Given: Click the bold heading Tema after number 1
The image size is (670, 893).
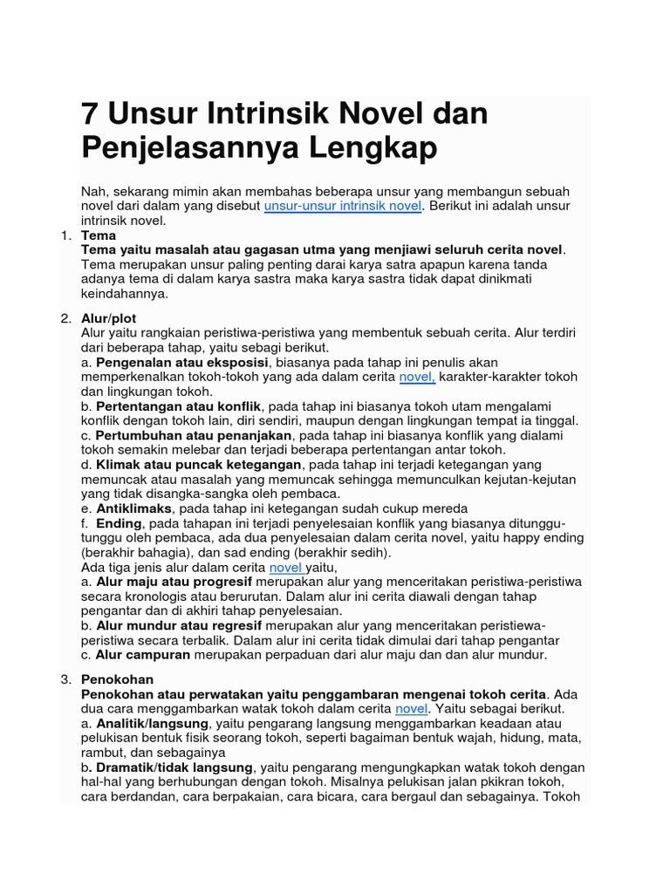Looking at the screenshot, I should pyautogui.click(x=98, y=235).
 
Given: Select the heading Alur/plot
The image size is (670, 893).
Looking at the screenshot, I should pyautogui.click(x=108, y=318).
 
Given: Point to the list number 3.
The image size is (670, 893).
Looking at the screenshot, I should pyautogui.click(x=65, y=678).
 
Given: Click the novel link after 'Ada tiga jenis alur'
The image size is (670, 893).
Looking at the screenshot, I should pyautogui.click(x=285, y=568).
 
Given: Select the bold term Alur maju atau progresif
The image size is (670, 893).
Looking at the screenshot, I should pyautogui.click(x=174, y=582).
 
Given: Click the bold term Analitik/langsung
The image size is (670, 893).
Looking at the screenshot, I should pyautogui.click(x=153, y=724).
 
